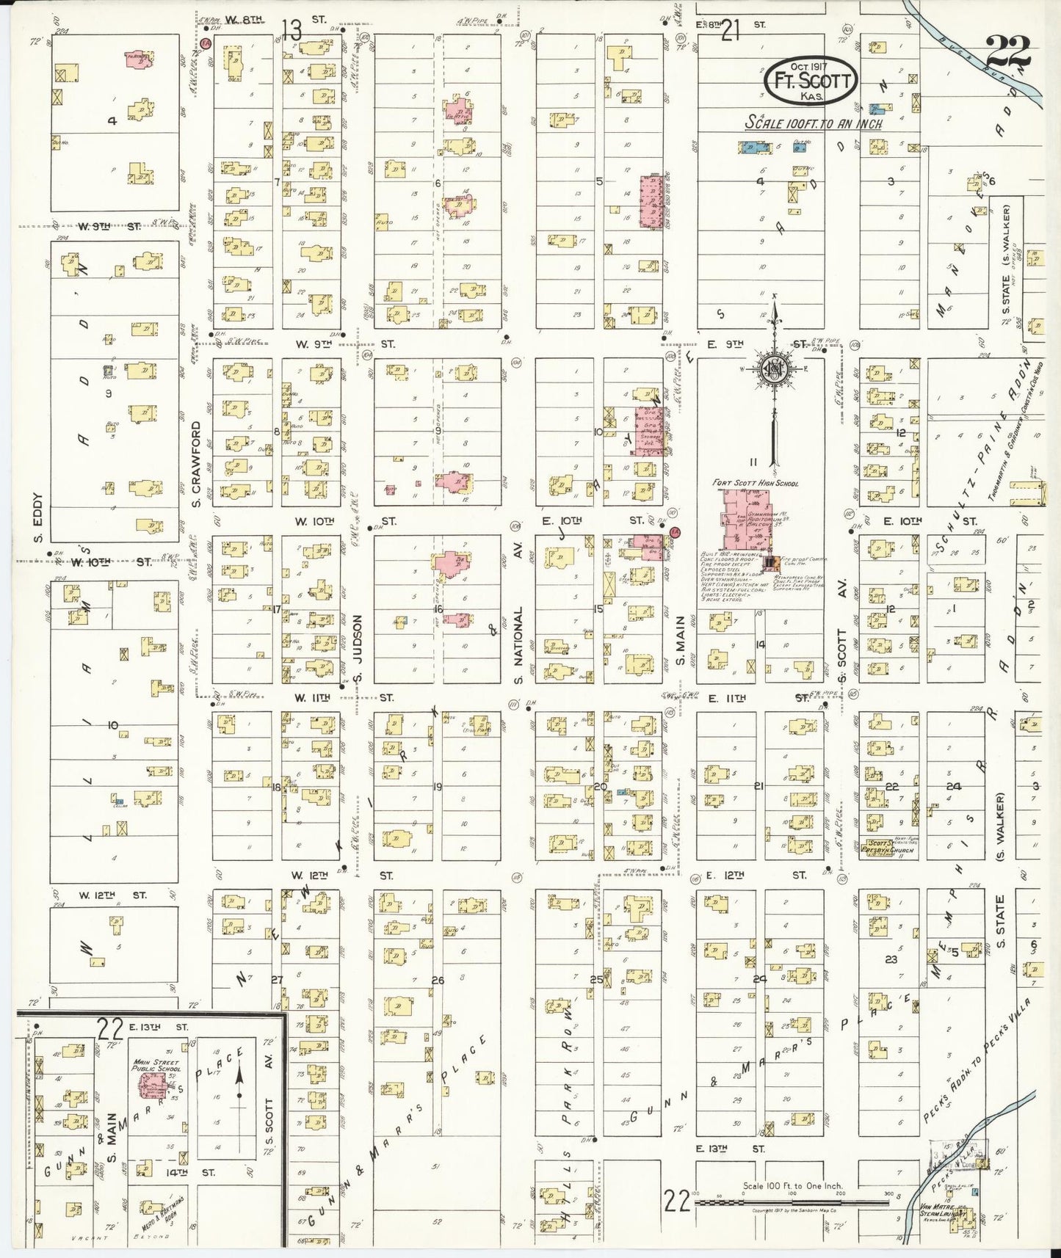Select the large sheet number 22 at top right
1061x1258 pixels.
[1008, 51]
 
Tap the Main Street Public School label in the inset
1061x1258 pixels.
[155, 1066]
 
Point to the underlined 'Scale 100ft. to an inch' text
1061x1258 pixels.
[813, 123]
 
